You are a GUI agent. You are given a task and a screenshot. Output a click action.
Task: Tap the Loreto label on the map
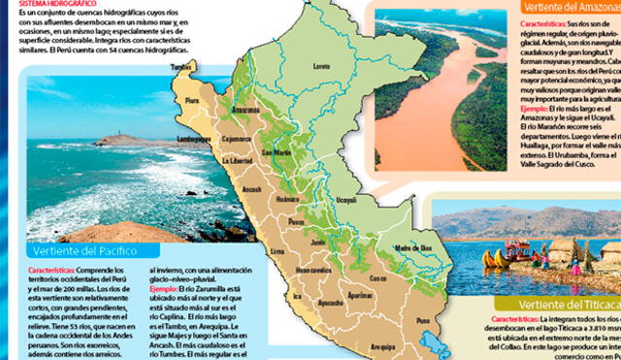(321, 66)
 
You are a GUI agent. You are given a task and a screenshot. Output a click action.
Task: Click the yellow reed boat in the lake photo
(496, 259)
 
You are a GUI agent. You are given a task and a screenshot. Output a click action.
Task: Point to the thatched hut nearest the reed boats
(563, 254)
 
